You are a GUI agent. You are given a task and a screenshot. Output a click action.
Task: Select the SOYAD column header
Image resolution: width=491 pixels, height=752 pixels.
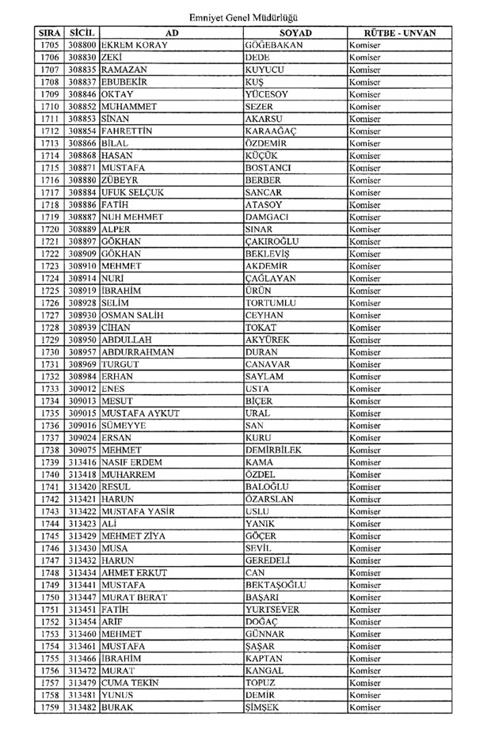pyautogui.click(x=295, y=33)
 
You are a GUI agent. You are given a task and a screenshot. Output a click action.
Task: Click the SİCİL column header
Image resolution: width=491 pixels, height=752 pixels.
pyautogui.click(x=82, y=33)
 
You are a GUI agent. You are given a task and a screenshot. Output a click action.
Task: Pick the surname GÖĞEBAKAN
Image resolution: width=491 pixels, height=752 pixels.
pyautogui.click(x=274, y=45)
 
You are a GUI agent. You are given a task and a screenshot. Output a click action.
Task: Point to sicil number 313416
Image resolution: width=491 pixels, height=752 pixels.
pyautogui.click(x=82, y=462)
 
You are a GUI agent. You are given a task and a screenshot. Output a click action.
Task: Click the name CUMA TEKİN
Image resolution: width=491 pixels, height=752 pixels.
pyautogui.click(x=131, y=682)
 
